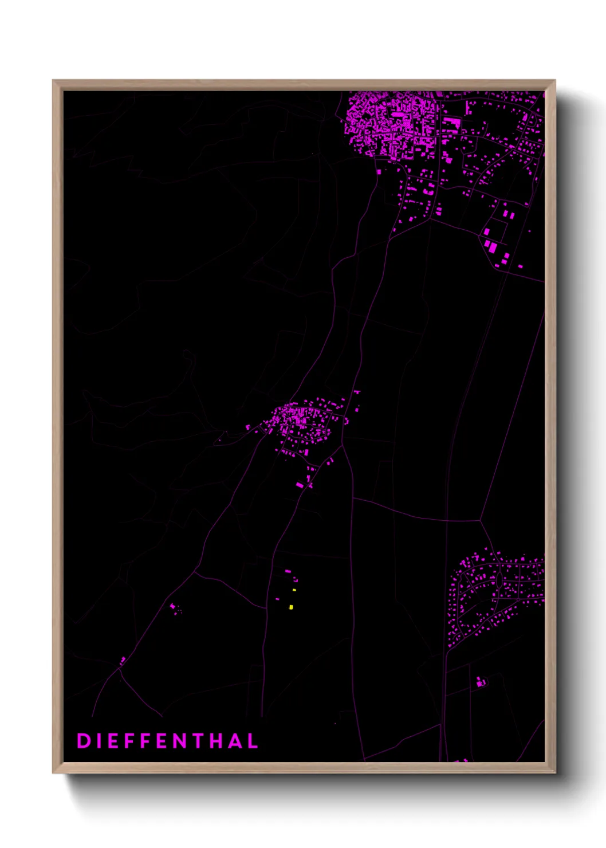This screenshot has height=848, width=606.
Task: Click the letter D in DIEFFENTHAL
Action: [x=83, y=741]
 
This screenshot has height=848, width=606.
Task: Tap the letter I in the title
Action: [x=98, y=741]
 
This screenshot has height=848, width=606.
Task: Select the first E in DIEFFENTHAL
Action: [x=112, y=741]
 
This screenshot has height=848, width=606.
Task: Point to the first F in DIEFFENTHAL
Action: [x=129, y=741]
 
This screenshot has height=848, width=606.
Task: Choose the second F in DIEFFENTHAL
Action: [x=145, y=741]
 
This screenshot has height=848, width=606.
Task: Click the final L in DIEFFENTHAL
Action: [x=252, y=741]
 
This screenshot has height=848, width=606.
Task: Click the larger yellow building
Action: [x=291, y=607]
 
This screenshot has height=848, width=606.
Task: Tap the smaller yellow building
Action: [x=294, y=590]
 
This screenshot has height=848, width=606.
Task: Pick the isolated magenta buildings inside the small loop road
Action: [x=481, y=682]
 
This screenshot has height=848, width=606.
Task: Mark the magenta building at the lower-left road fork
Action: [x=122, y=661]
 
